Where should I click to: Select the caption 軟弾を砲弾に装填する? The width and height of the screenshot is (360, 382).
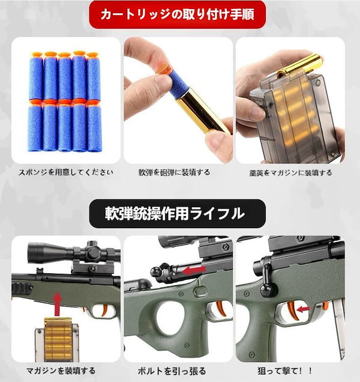click(178, 172)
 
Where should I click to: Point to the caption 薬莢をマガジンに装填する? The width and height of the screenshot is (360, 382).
click(290, 172)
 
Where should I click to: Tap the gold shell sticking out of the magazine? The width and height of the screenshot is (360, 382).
click(304, 62)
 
